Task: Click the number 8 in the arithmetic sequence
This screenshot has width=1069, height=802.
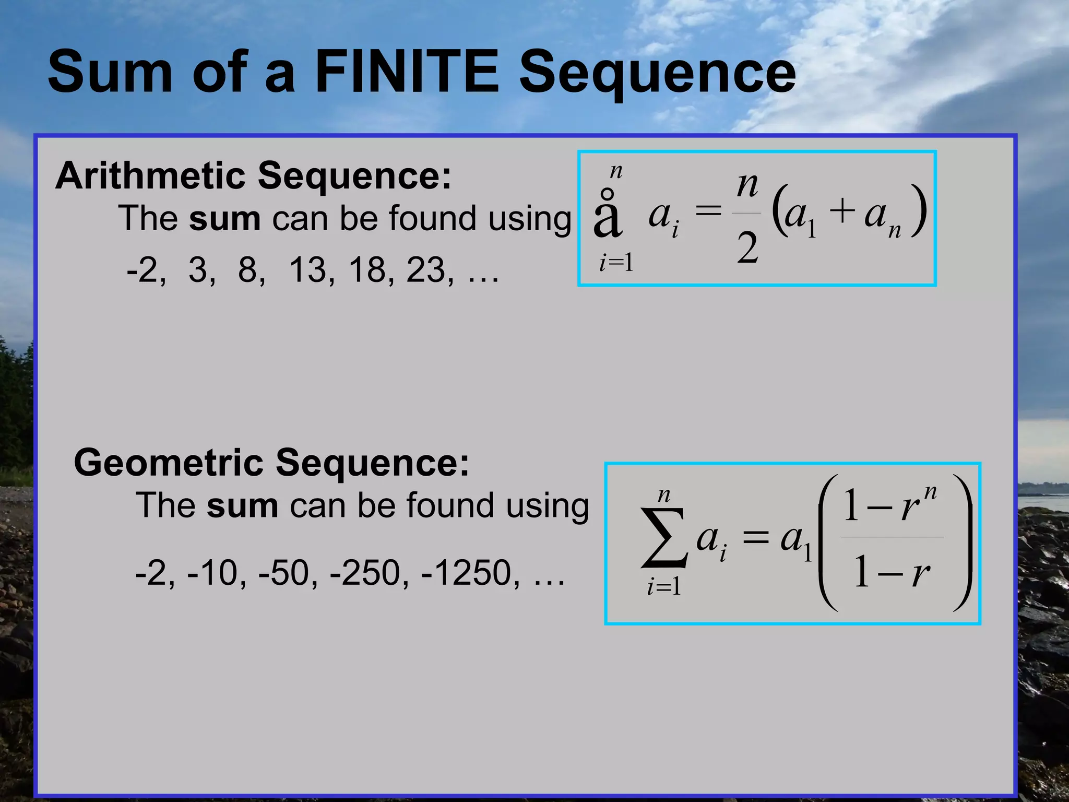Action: pos(250,270)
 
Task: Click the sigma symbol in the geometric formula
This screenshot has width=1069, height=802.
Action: pos(663,538)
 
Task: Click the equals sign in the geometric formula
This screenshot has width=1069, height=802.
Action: pos(755,538)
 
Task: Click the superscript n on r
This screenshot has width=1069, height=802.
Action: pos(930,492)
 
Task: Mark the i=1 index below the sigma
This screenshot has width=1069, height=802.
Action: pos(664,587)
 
